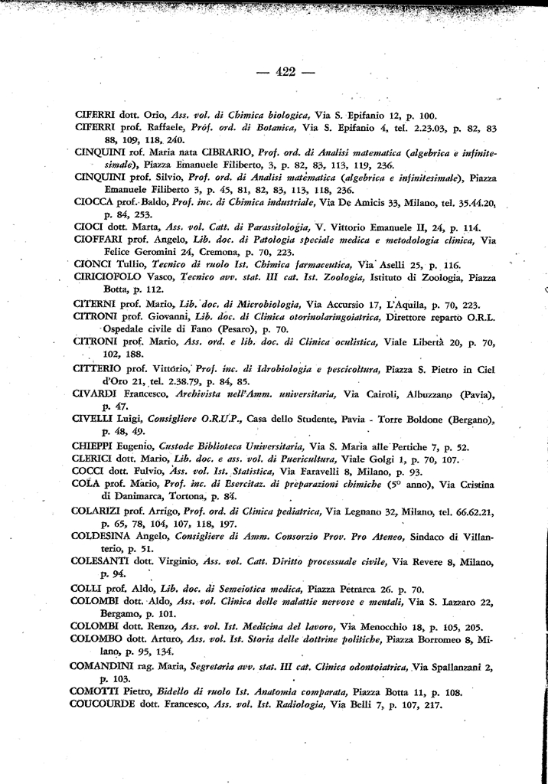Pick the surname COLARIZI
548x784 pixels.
coord(100,510)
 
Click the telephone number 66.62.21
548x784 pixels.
coord(475,511)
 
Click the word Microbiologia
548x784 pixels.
coord(265,304)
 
